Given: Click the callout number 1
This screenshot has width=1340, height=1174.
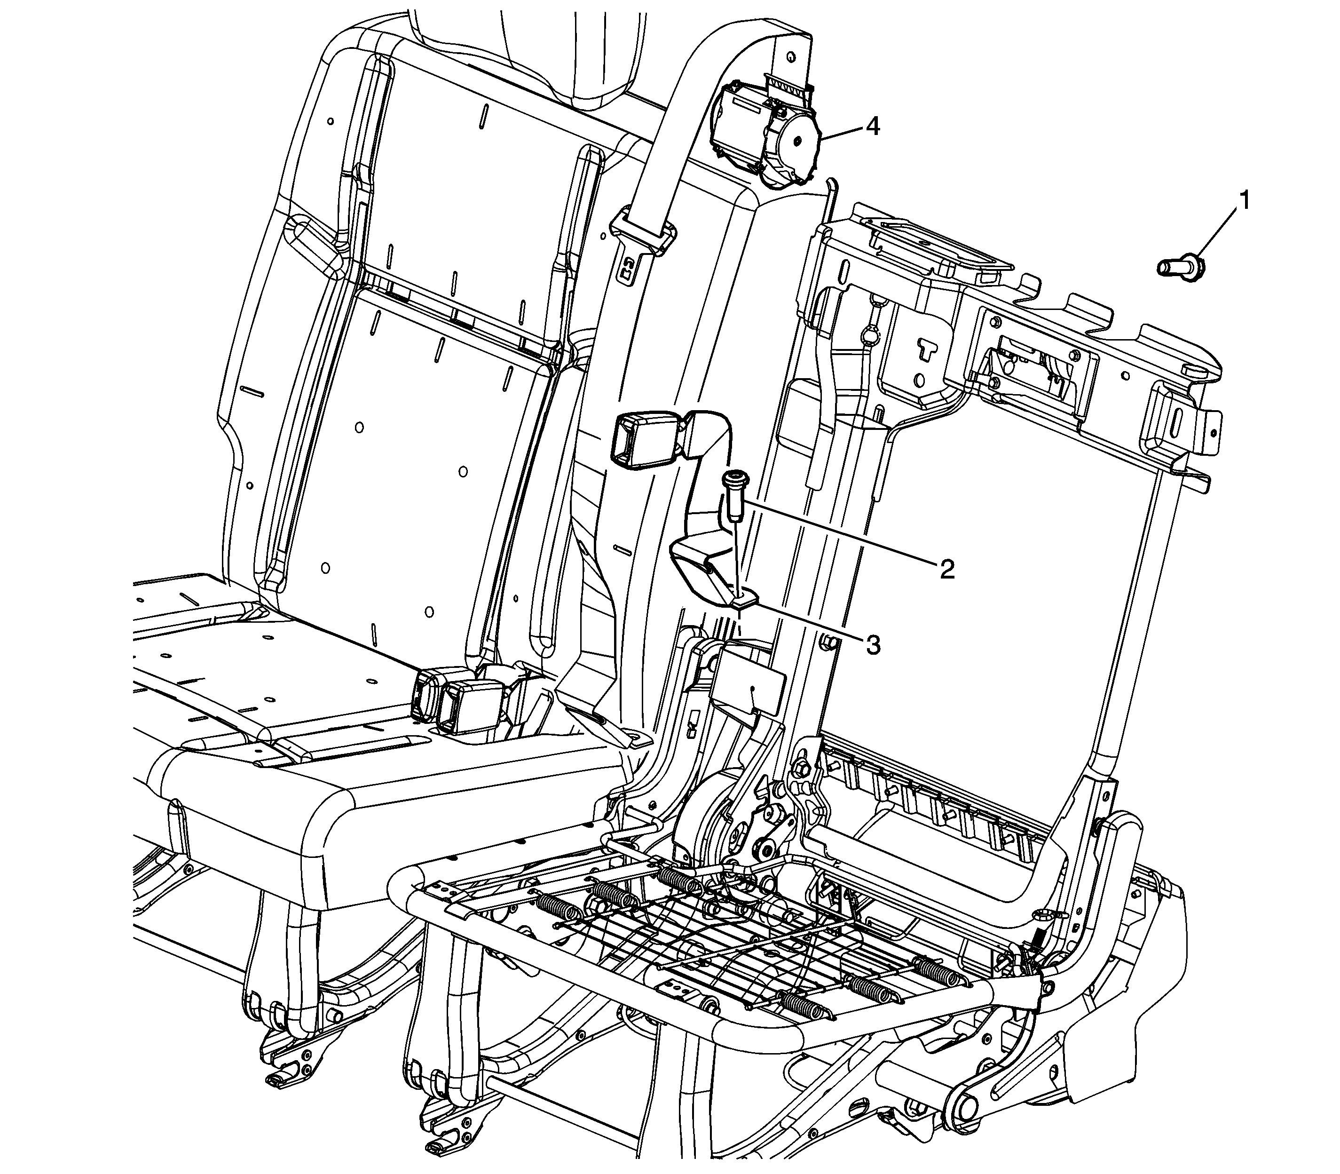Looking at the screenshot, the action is click(x=1242, y=200).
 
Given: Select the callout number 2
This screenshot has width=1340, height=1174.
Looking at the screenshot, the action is click(x=946, y=569).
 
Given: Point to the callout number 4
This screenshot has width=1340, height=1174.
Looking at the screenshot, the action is click(x=872, y=127).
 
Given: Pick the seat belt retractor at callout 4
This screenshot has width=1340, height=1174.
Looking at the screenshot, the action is click(x=766, y=135).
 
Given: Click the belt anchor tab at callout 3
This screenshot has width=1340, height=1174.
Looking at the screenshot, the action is click(x=745, y=600).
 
